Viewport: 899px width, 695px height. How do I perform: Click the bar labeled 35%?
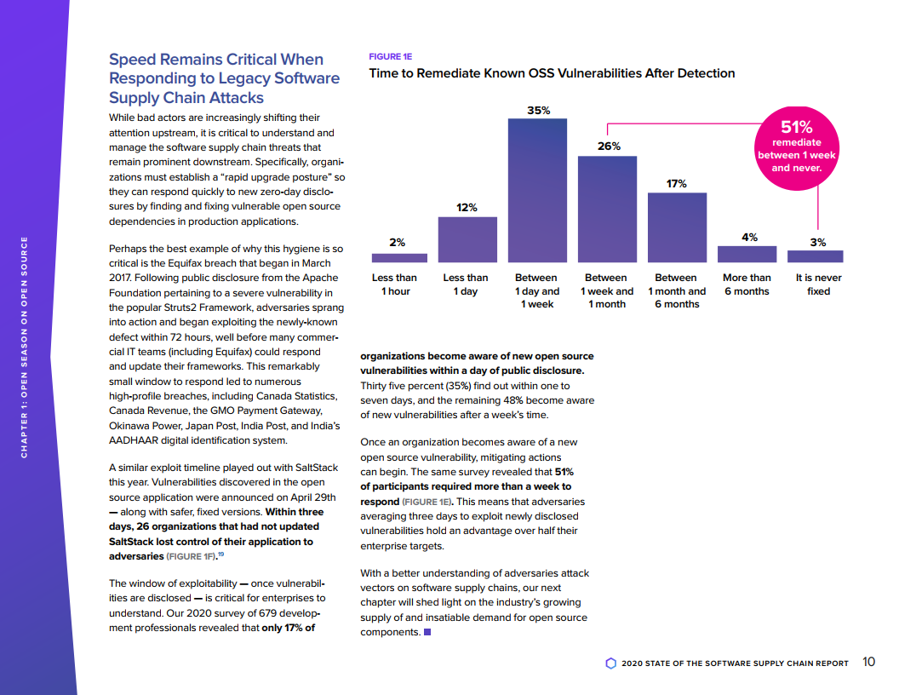537,190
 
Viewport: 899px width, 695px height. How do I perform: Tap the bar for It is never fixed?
816,256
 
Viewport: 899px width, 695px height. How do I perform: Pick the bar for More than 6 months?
747,254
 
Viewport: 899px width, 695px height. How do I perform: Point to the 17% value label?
677,183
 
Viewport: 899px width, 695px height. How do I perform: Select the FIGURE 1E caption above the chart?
390,56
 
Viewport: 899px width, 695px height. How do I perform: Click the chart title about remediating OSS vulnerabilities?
552,73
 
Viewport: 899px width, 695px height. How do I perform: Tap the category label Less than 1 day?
466,284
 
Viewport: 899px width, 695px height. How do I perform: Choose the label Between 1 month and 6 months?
677,290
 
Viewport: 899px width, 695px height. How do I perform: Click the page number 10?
868,662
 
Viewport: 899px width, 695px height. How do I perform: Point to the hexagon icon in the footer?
610,663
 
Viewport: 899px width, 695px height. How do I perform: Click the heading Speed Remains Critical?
224,78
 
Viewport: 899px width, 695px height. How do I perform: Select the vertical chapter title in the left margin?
25,345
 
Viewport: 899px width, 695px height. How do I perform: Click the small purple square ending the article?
427,631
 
